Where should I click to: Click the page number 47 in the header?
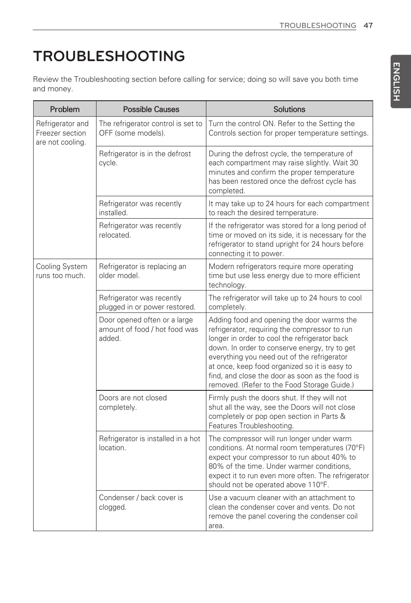pyautogui.click(x=367, y=25)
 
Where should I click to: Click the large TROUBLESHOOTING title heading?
pyautogui.click(x=109, y=56)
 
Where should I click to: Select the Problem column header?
pyautogui.click(x=65, y=109)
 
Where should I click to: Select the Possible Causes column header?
pyautogui.click(x=151, y=109)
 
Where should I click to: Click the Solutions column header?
pyautogui.click(x=289, y=109)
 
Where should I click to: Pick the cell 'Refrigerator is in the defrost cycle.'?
pyautogui.click(x=145, y=158)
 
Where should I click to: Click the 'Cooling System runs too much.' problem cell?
pyautogui.click(x=61, y=271)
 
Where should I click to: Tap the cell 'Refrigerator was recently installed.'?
pyautogui.click(x=140, y=208)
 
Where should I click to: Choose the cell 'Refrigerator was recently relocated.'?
pyautogui.click(x=140, y=230)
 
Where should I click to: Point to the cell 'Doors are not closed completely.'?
pyautogui.click(x=133, y=402)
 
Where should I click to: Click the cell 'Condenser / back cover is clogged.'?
pyautogui.click(x=141, y=502)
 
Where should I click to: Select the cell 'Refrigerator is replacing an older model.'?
pyautogui.click(x=142, y=271)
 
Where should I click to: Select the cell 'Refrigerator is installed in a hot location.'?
pyautogui.click(x=149, y=443)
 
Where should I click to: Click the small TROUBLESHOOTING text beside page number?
pyautogui.click(x=318, y=25)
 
